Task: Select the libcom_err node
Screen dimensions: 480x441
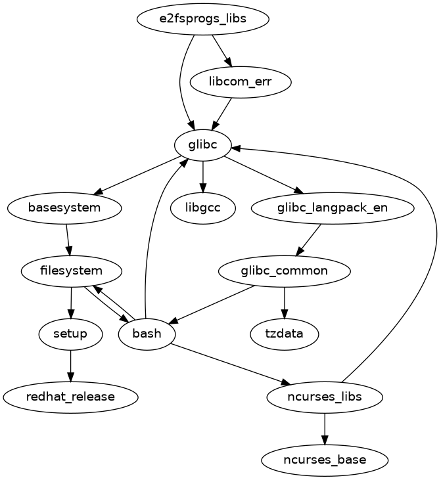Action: pos(241,81)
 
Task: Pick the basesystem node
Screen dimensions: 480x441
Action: pos(64,208)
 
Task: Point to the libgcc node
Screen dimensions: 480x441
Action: pos(203,208)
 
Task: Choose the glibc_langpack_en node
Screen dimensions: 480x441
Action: pos(333,208)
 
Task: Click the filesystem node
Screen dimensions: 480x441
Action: pos(71,271)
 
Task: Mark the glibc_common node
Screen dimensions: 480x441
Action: pos(284,271)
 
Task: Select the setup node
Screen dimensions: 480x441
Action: pos(71,334)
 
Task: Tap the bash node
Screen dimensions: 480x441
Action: pos(147,334)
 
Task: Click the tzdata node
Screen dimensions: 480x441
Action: pos(284,334)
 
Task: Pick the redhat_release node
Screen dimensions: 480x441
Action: pos(71,397)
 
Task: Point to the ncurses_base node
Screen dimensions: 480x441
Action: pos(325,460)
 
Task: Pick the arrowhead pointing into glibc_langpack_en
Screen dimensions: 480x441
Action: pos(300,191)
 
